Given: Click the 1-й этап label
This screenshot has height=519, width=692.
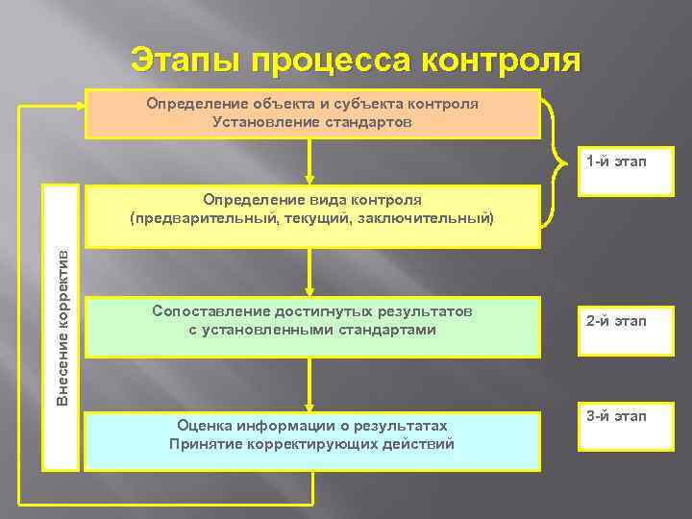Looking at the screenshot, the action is (x=616, y=161).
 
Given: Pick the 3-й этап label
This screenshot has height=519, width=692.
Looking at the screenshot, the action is (x=616, y=415).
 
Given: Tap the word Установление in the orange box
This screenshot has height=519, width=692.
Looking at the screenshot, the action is (x=256, y=121).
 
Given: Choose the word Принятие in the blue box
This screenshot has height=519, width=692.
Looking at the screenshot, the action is (x=207, y=443).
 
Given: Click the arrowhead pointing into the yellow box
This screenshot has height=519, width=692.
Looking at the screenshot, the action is (x=309, y=178).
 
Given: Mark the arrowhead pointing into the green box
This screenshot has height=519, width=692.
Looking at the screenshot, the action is (x=309, y=289).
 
